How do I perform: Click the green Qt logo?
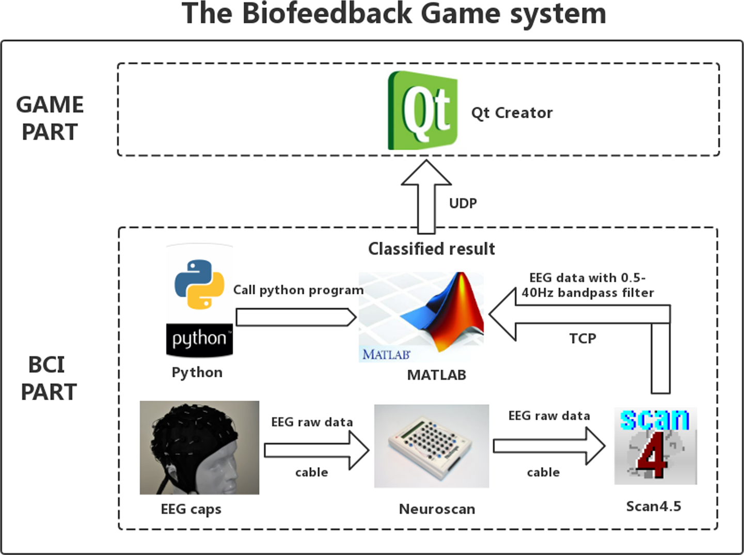coord(422,110)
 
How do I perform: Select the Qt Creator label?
coord(512,113)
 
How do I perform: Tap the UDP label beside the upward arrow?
coord(463,203)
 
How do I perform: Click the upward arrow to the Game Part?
coord(426,196)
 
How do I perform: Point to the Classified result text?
coord(431,249)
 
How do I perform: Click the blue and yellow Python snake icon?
coord(199,284)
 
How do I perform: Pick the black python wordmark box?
coord(199,340)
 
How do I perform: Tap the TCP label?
coord(582,339)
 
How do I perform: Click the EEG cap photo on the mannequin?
coord(199,447)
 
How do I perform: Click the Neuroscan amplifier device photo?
coord(431,446)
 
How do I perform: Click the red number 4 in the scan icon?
coord(653,454)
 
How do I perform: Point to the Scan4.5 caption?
coord(653,506)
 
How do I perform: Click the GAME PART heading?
coord(50,118)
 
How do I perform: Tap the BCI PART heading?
coord(48,378)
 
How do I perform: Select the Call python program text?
coord(298,290)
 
